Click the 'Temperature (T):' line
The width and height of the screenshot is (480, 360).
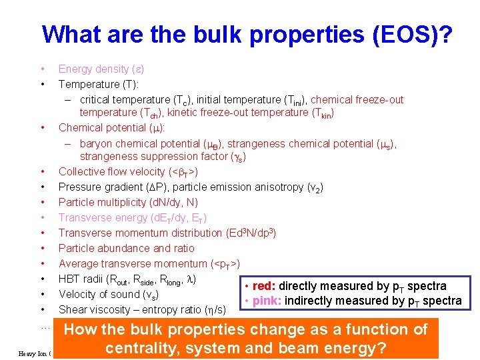click(98, 84)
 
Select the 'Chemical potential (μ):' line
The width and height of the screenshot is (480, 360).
click(112, 127)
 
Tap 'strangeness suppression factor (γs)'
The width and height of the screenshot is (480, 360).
click(163, 157)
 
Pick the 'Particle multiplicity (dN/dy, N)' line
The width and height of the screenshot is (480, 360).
click(128, 202)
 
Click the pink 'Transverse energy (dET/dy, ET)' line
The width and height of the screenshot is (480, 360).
click(132, 217)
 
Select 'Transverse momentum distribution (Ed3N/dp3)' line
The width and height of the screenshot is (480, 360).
click(167, 233)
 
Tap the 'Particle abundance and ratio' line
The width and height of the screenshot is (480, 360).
click(126, 248)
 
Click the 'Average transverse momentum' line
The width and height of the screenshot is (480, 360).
click(149, 263)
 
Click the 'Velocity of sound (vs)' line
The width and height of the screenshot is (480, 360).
click(109, 294)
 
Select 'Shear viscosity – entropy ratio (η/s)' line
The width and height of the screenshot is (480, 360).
click(142, 309)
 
